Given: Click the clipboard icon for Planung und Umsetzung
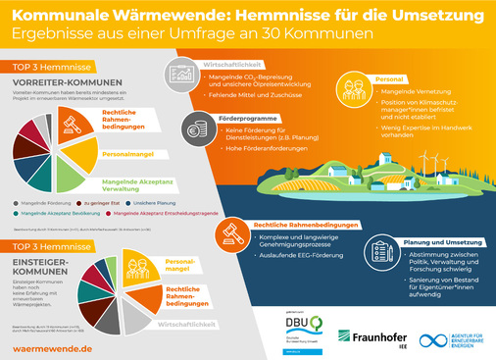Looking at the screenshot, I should click(x=379, y=246).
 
